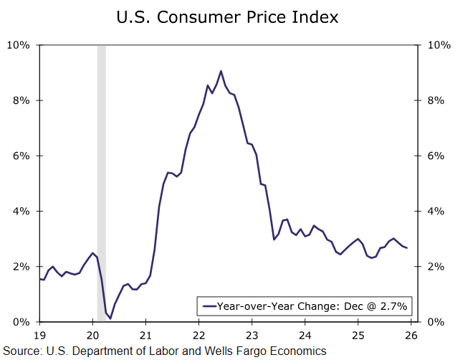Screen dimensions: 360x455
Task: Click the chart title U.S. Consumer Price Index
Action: pyautogui.click(x=227, y=16)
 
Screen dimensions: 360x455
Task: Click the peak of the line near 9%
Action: pyautogui.click(x=221, y=71)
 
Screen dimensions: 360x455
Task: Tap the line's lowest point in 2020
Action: pyautogui.click(x=110, y=318)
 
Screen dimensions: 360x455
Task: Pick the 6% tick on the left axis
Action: pyautogui.click(x=21, y=156)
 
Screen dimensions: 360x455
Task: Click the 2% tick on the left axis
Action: pyautogui.click(x=21, y=266)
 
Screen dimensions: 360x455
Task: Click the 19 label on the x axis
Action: pyautogui.click(x=40, y=335)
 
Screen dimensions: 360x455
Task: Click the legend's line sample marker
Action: pyautogui.click(x=209, y=306)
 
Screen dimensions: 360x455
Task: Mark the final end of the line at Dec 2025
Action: pyautogui.click(x=408, y=248)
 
